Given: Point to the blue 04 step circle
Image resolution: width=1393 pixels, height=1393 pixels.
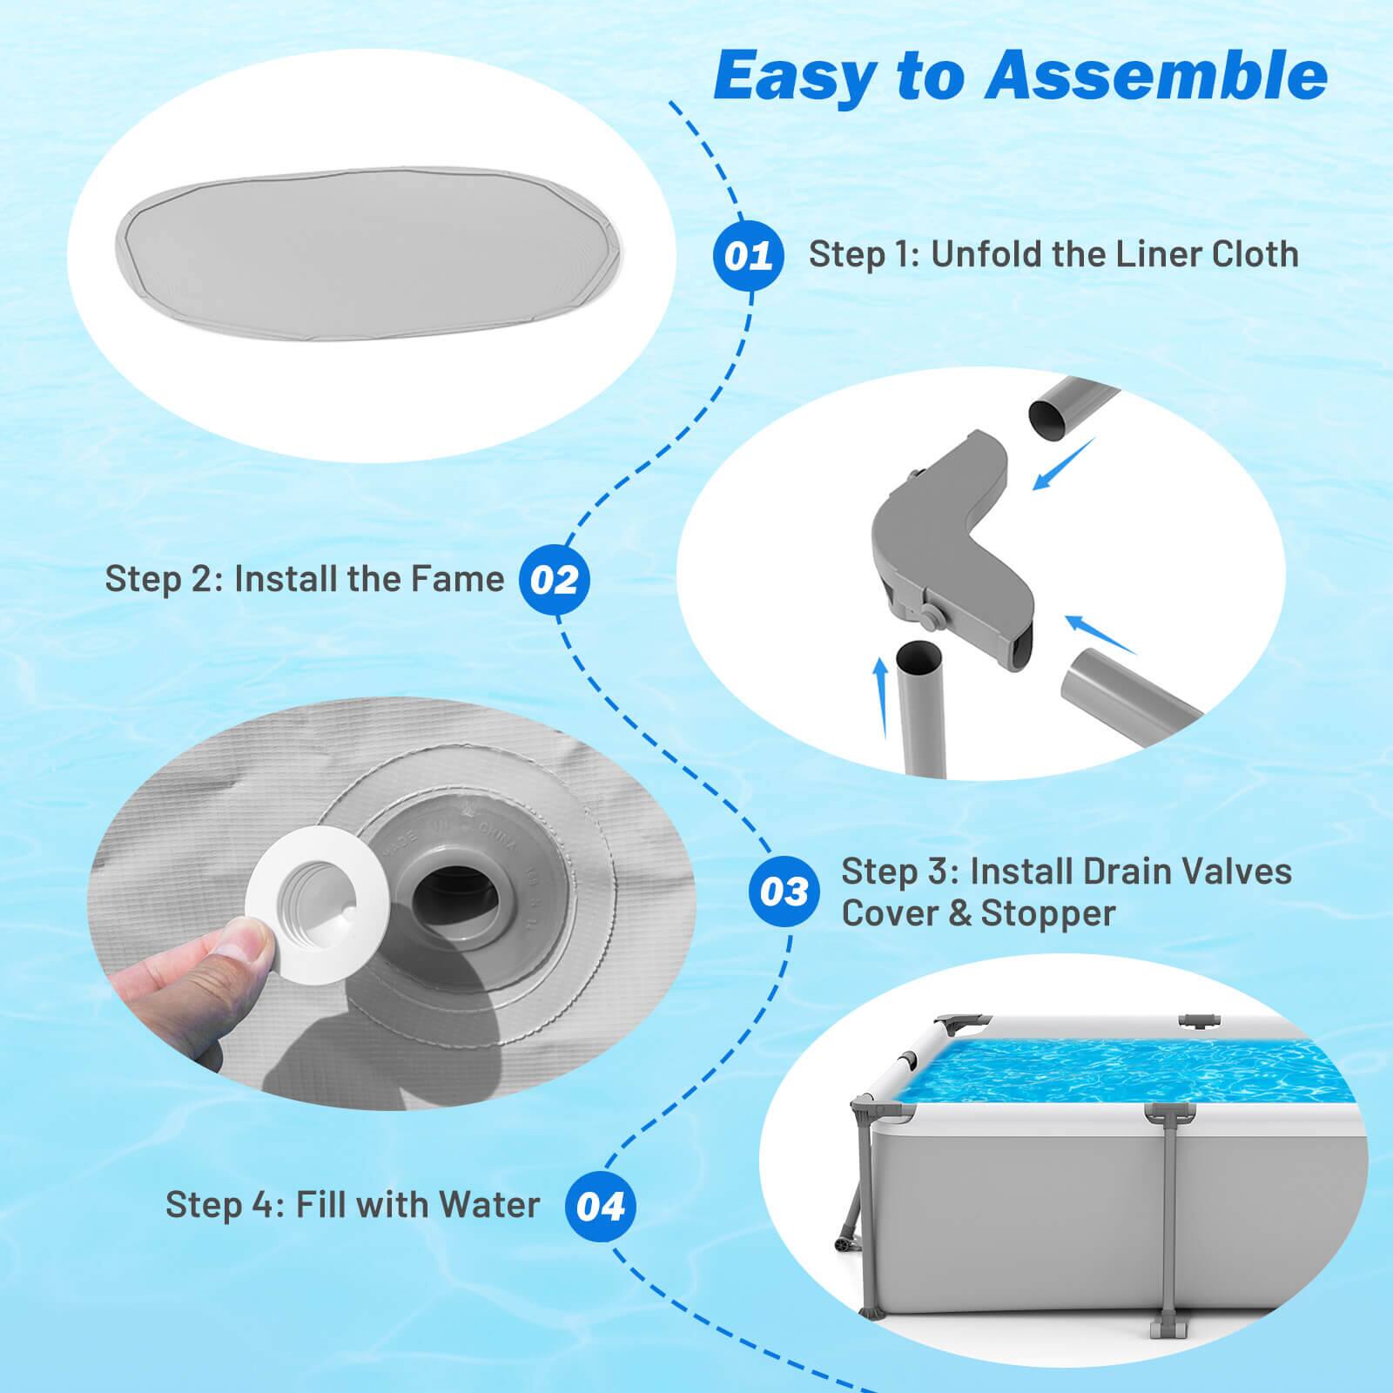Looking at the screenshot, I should coord(600,1208).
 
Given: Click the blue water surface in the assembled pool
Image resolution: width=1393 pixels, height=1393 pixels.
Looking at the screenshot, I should coord(1132,1080).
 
